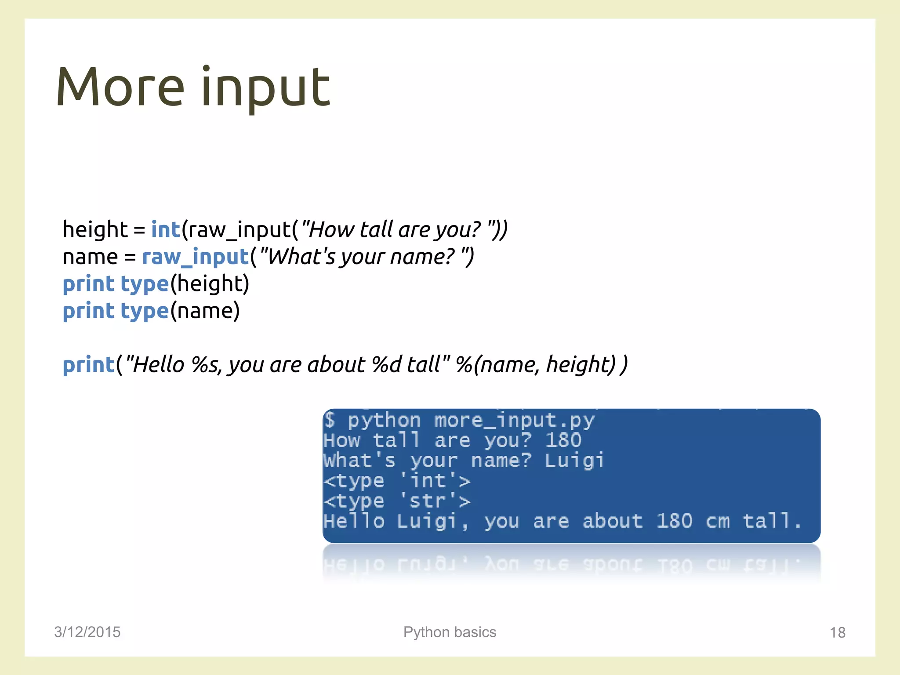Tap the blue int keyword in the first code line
click(165, 230)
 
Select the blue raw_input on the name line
click(196, 257)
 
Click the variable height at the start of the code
click(95, 230)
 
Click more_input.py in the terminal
click(514, 421)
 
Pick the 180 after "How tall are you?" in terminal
click(563, 440)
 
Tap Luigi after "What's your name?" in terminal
click(574, 461)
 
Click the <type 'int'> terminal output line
click(397, 481)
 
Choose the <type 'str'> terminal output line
click(397, 501)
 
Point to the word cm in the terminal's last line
click(718, 522)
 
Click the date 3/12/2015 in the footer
click(87, 632)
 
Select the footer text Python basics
click(450, 632)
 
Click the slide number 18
click(837, 632)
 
